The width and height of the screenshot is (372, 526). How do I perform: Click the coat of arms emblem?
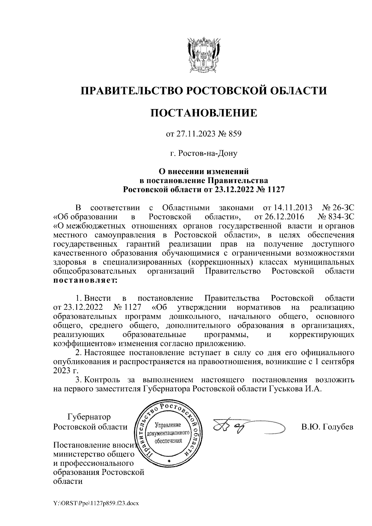click(x=204, y=55)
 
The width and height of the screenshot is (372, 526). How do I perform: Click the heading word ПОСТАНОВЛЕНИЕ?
click(x=204, y=113)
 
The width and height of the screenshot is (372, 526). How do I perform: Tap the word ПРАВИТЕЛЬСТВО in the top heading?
click(x=131, y=91)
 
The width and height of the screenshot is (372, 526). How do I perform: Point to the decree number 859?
click(x=235, y=134)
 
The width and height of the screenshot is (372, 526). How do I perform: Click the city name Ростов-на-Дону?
click(x=204, y=153)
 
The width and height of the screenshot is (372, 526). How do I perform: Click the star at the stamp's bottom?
click(x=169, y=461)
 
